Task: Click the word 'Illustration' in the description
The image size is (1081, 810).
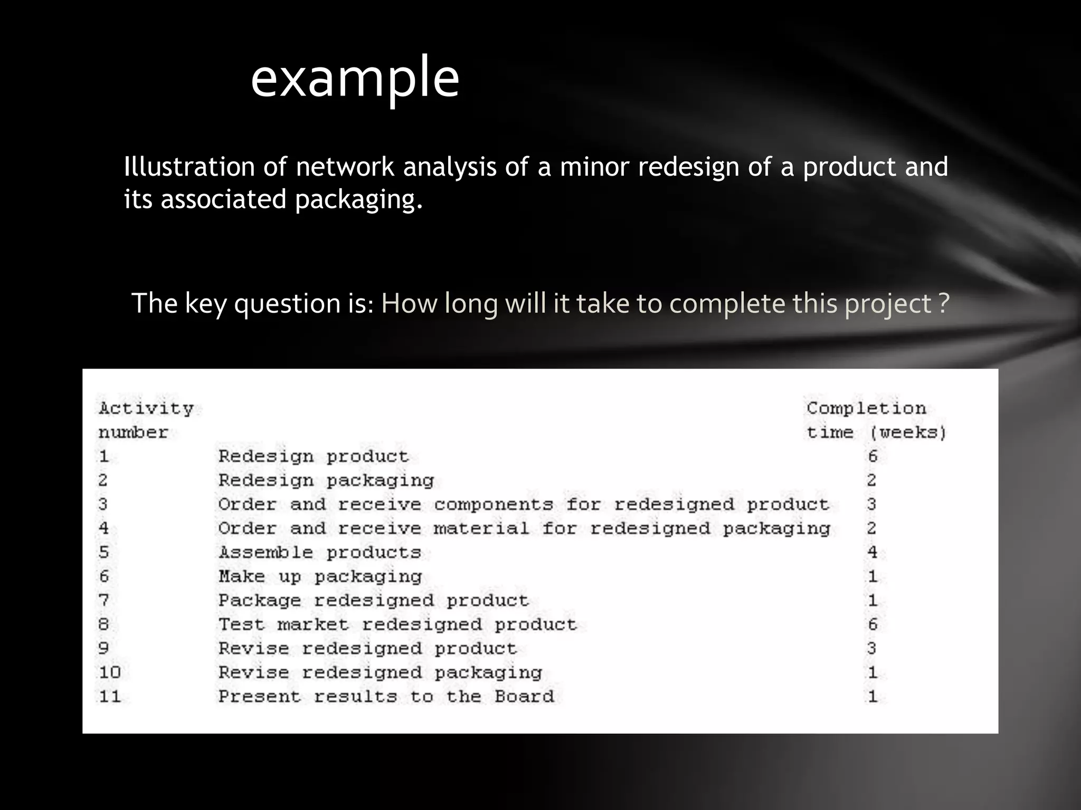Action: click(189, 167)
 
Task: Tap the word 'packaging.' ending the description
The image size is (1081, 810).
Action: click(359, 199)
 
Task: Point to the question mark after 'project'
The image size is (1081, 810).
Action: click(944, 303)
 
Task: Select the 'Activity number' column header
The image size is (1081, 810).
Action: click(146, 420)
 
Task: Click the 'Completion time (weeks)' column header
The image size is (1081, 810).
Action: click(876, 420)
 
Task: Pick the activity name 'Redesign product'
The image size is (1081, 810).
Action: click(314, 456)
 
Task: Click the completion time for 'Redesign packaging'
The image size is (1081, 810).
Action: click(871, 480)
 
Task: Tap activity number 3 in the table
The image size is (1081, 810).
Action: click(103, 504)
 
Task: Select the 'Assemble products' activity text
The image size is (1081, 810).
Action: click(320, 552)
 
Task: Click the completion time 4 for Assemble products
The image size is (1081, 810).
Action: click(872, 552)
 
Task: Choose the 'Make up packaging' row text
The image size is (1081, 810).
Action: click(320, 576)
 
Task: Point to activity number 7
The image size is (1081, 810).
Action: click(103, 600)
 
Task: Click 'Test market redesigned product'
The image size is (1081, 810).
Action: click(397, 624)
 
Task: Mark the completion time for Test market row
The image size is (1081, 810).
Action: click(873, 624)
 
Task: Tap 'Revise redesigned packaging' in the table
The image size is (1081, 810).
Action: click(380, 672)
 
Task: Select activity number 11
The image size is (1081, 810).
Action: click(110, 697)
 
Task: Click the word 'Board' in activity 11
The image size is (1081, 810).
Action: click(524, 697)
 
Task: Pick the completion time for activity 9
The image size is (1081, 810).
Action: click(871, 648)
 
